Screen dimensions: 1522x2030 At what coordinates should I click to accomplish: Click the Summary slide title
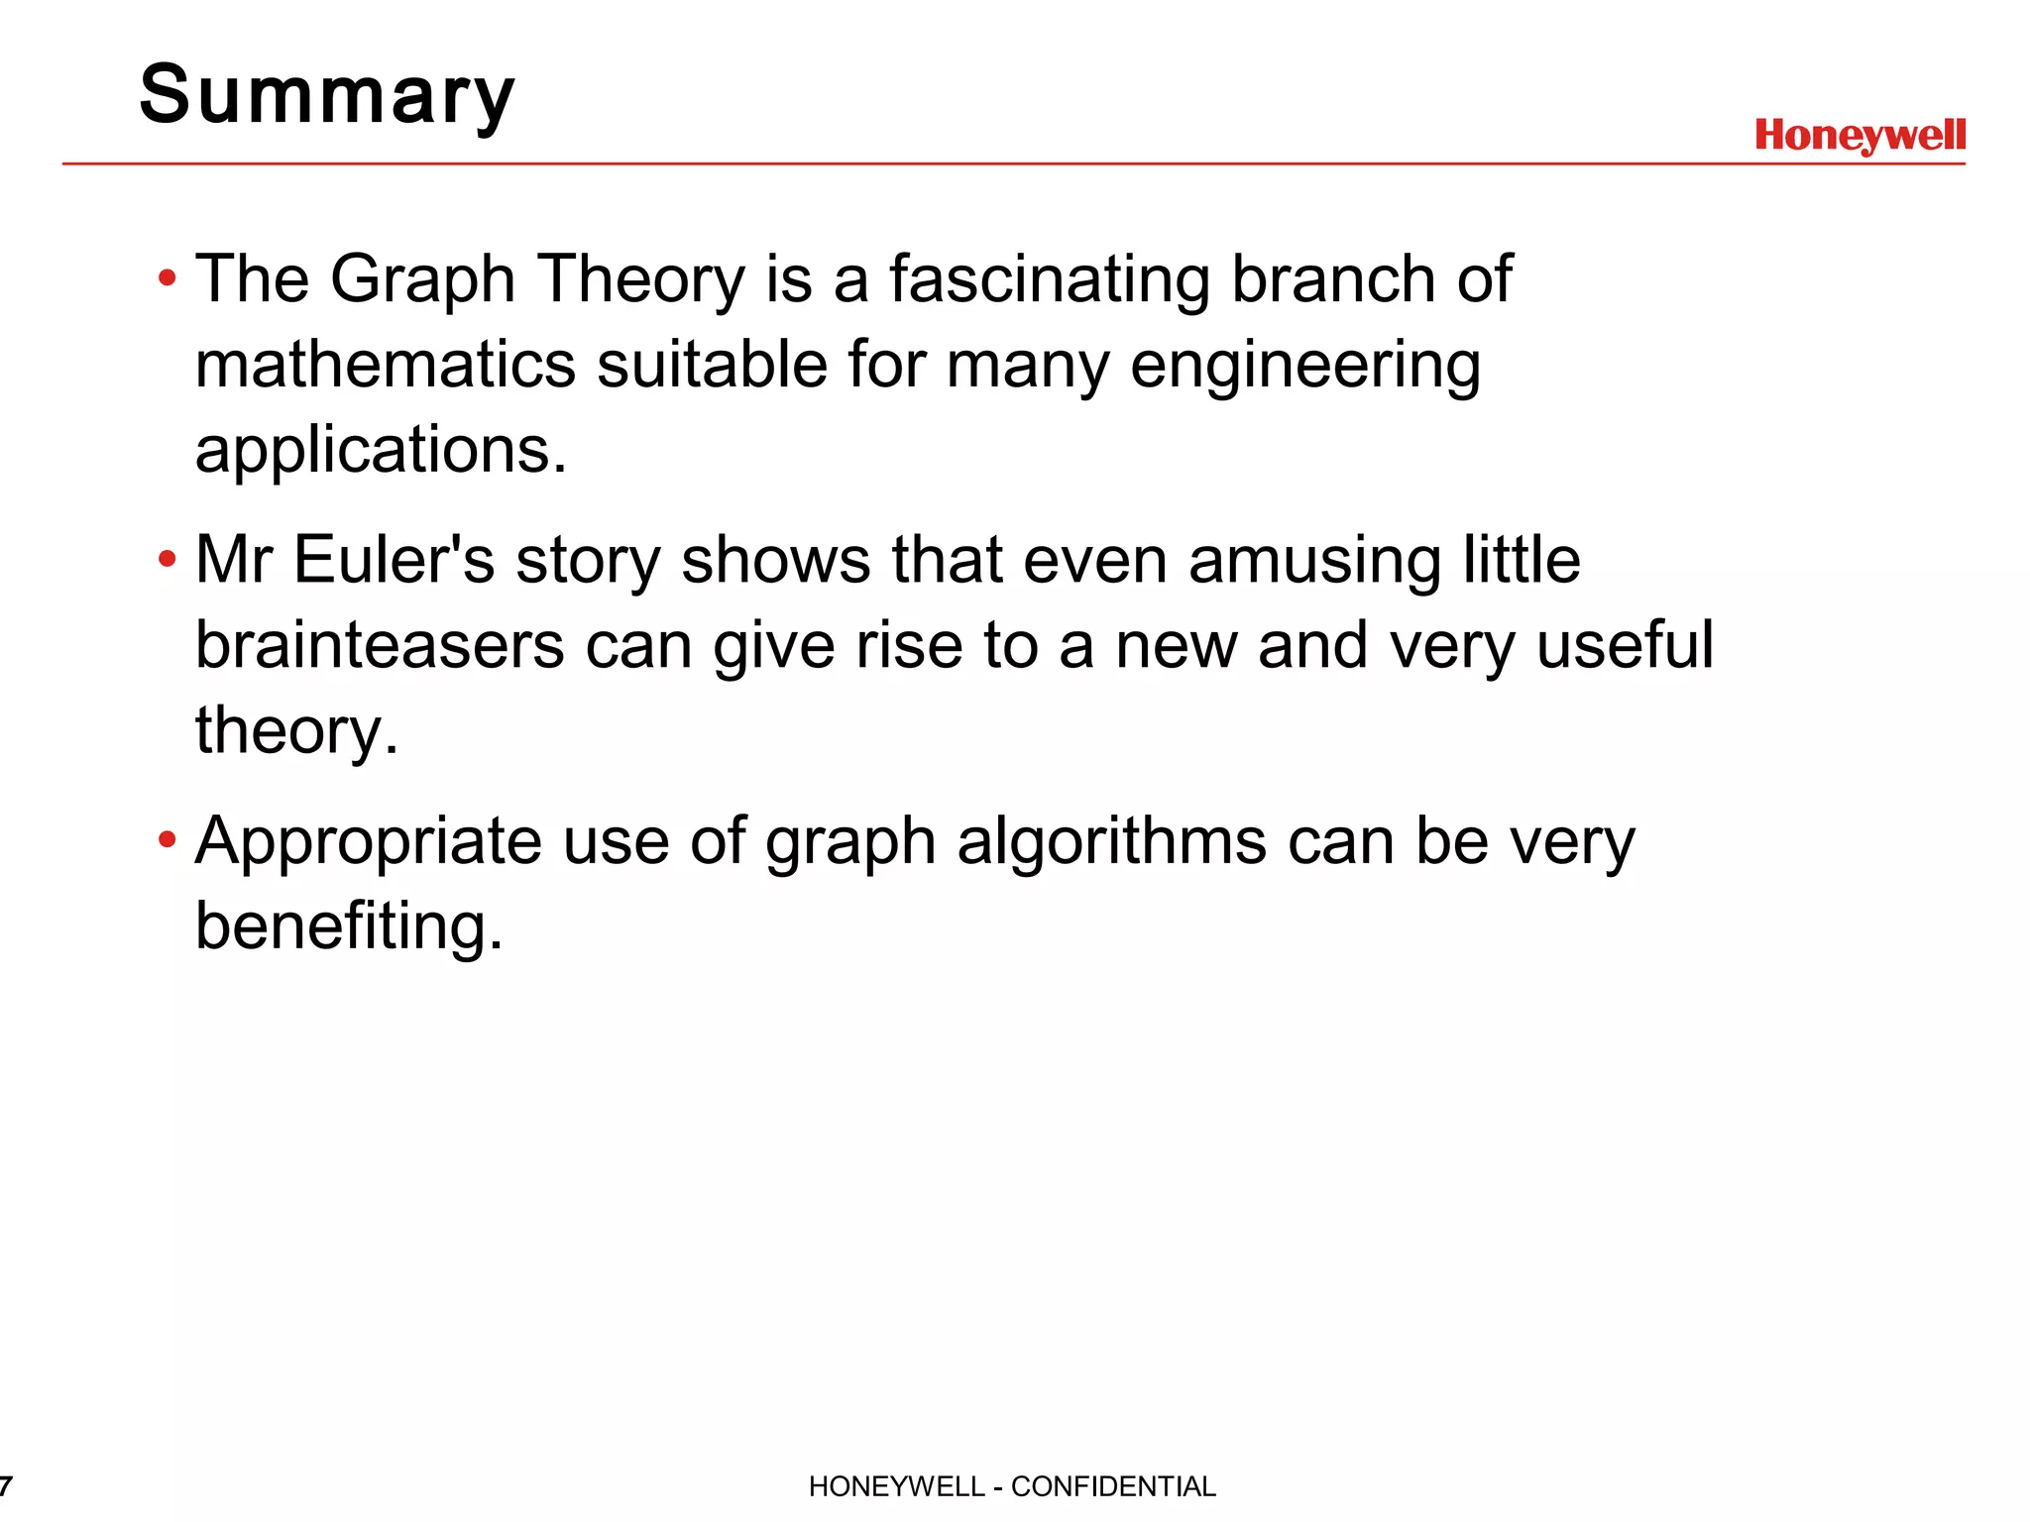click(x=327, y=95)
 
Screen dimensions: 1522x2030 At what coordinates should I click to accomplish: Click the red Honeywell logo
click(x=1860, y=135)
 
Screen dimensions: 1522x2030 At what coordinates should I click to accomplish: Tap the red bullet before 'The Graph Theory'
click(x=168, y=278)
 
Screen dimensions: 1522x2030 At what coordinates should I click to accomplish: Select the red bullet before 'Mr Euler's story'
click(x=168, y=560)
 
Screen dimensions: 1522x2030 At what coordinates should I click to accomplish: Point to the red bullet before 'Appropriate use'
click(x=168, y=840)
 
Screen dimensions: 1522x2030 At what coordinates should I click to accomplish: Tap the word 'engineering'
click(x=1305, y=366)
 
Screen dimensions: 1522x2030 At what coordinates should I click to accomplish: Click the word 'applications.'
click(x=381, y=450)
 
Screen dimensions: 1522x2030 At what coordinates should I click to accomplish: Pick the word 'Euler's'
click(x=394, y=560)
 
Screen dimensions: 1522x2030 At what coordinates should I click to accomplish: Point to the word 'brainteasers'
click(x=380, y=645)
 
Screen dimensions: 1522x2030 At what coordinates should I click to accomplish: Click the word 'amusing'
click(x=1314, y=562)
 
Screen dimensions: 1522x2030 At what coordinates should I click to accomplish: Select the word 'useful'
click(x=1625, y=645)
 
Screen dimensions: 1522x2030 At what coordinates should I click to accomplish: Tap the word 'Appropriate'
click(x=368, y=842)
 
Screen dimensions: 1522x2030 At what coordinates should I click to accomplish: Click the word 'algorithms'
click(x=1111, y=842)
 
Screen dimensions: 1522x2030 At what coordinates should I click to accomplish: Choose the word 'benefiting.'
click(x=349, y=927)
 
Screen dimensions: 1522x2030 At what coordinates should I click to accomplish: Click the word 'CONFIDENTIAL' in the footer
click(x=1113, y=1486)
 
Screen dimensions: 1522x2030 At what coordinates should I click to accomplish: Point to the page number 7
click(x=6, y=1486)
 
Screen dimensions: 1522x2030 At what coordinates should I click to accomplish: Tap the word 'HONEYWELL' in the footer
click(x=896, y=1486)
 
